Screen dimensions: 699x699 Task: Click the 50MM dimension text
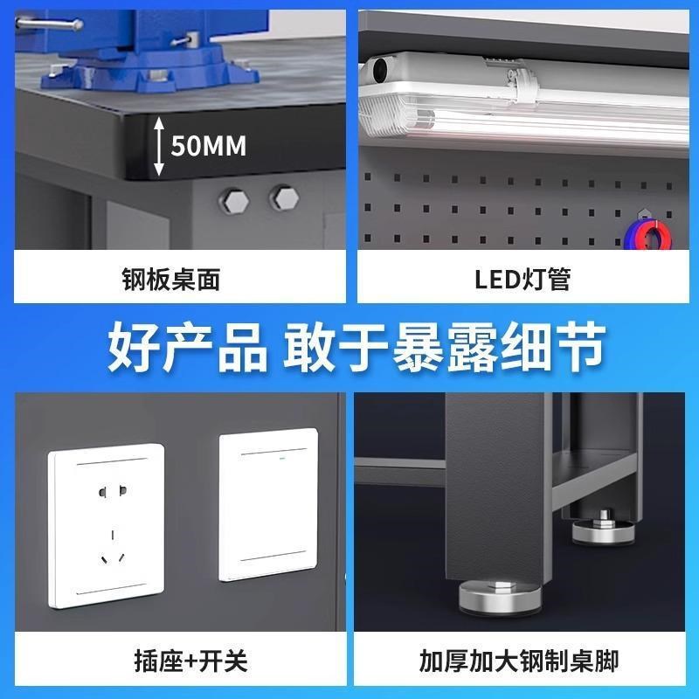point(208,145)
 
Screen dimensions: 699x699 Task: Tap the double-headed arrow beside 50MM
point(158,145)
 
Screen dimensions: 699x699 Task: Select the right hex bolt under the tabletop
point(281,197)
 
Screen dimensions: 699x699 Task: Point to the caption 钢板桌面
point(170,279)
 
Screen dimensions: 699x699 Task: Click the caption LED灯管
point(523,279)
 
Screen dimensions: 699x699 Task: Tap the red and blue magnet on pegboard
point(647,236)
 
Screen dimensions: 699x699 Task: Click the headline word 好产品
point(186,348)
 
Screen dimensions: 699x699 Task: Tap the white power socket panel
point(106,523)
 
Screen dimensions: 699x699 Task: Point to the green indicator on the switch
point(280,454)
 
